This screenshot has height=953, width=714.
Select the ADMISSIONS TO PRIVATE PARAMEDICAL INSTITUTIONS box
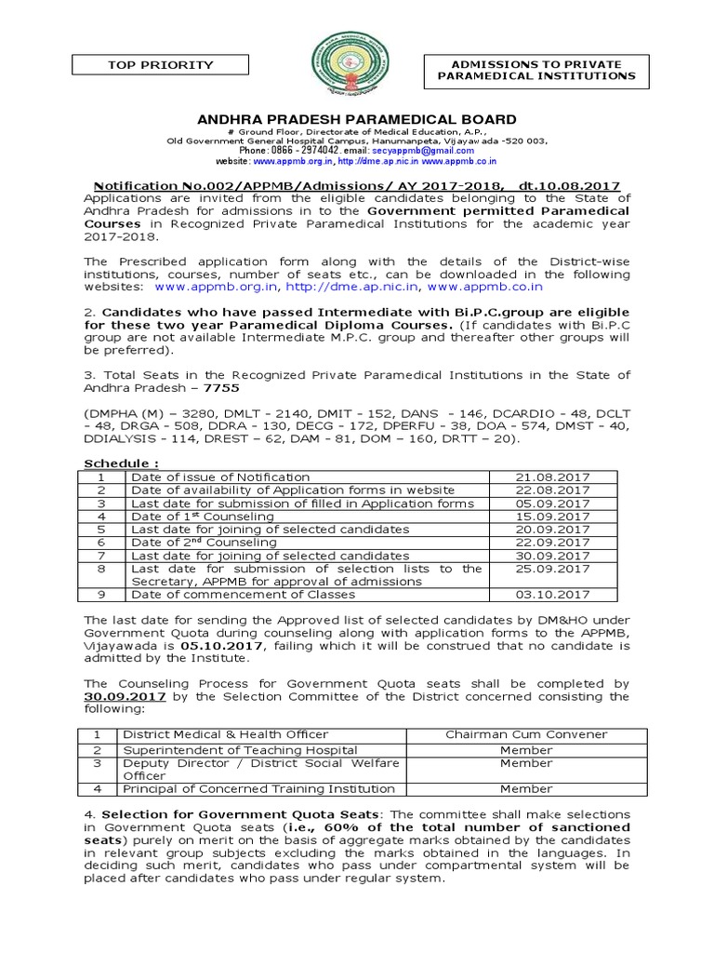[x=530, y=69]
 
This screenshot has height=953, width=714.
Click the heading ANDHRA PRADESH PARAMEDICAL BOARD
[x=356, y=120]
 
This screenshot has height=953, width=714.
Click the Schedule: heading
[x=121, y=463]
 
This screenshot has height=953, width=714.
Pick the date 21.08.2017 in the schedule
[x=552, y=476]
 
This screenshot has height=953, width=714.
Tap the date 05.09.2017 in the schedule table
[x=552, y=503]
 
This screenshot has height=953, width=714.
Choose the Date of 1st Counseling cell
[x=203, y=516]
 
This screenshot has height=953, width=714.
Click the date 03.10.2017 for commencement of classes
[x=552, y=594]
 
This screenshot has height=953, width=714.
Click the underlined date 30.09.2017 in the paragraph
[x=125, y=696]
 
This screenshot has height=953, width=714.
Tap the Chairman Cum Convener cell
[x=526, y=734]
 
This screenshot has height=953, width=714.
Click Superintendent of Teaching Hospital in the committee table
[x=240, y=749]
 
